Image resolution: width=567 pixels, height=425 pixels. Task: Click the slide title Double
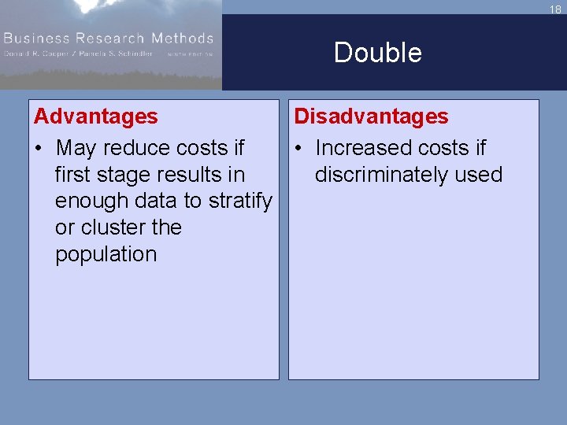click(377, 53)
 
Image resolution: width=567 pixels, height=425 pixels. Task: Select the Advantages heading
click(95, 116)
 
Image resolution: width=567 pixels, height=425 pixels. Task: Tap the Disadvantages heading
click(371, 116)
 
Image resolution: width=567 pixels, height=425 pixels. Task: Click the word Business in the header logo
click(39, 38)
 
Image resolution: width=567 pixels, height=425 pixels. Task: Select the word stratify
click(239, 201)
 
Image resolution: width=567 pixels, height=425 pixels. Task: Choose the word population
click(106, 254)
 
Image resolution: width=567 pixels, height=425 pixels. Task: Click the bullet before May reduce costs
click(39, 148)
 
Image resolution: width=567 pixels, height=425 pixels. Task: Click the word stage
click(120, 175)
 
